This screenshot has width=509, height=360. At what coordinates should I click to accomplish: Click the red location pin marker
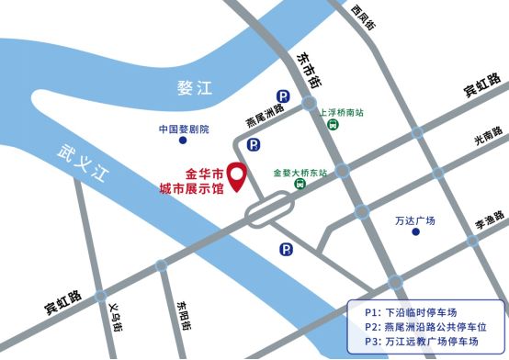click(236, 175)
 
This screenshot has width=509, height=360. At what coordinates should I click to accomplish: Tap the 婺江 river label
click(195, 88)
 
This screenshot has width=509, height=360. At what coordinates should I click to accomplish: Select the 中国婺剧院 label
click(184, 129)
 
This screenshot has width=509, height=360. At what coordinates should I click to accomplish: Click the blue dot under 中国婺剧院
click(183, 141)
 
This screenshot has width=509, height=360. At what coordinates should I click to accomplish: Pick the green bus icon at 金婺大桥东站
click(300, 184)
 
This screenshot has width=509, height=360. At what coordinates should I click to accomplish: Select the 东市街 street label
click(308, 69)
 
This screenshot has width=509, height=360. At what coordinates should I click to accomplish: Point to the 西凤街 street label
click(363, 17)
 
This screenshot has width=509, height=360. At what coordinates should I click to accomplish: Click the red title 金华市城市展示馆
click(191, 181)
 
